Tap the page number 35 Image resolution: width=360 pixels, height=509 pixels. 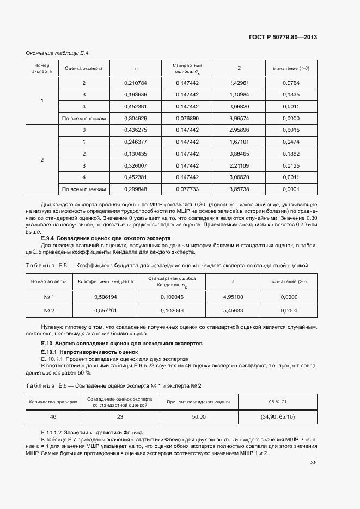click(x=314, y=463)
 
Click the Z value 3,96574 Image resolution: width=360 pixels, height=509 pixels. click(x=240, y=118)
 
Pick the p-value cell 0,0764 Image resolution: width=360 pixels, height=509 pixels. click(x=291, y=83)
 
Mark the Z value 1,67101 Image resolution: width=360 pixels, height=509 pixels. click(x=240, y=142)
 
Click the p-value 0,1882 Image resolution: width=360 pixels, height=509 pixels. click(x=291, y=154)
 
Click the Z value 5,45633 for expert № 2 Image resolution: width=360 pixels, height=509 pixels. click(x=233, y=310)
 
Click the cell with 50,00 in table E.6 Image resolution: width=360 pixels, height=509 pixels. click(x=199, y=416)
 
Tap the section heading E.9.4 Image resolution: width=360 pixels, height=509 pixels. click(x=106, y=238)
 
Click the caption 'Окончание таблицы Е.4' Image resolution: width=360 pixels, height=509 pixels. click(x=57, y=53)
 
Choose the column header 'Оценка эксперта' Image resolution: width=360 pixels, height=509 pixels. click(x=84, y=68)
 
